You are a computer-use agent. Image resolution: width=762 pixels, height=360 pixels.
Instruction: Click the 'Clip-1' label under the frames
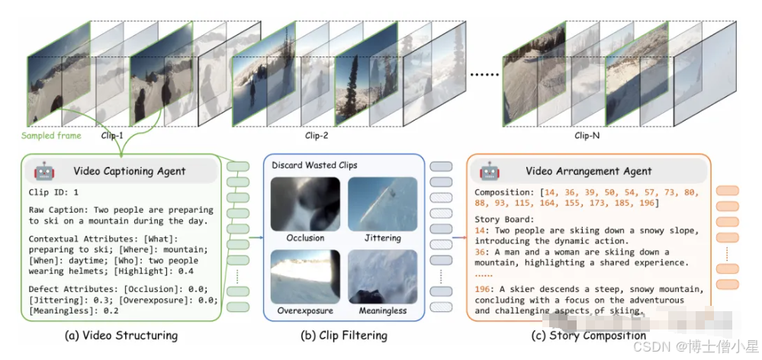112,137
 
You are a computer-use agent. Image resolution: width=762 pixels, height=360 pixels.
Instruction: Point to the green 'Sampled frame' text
52,136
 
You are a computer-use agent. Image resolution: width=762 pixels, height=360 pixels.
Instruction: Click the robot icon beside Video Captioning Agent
43,170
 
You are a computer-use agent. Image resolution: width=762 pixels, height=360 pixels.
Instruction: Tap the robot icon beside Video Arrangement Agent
488,170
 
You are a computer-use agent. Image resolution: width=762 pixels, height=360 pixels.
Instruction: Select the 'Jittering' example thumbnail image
383,203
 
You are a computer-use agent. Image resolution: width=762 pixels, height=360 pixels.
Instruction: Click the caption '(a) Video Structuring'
123,336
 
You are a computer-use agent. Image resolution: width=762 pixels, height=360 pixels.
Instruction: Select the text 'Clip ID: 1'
54,192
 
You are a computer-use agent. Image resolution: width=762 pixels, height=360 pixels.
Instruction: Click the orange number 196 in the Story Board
483,289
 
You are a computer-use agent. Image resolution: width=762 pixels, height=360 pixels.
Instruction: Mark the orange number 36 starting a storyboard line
481,252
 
